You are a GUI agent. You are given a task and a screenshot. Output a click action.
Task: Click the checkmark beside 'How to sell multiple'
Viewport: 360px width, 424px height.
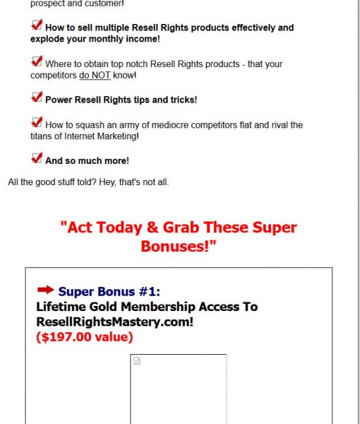[x=37, y=25]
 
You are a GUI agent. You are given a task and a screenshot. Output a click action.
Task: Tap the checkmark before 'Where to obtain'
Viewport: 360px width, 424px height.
[x=37, y=61]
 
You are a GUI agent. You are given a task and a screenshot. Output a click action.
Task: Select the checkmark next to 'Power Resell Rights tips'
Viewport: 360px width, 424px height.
[x=37, y=97]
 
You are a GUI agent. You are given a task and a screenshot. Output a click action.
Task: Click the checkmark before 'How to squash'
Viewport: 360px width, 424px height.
[x=37, y=122]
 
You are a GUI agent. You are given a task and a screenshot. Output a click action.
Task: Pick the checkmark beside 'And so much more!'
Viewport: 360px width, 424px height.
[x=37, y=158]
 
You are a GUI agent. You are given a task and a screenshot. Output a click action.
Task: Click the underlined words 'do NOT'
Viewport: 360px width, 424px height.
[x=95, y=75]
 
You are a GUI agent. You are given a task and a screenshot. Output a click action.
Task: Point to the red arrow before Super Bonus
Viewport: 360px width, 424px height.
[x=46, y=290]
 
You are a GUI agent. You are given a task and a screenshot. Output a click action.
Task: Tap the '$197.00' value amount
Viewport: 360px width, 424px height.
[x=66, y=337]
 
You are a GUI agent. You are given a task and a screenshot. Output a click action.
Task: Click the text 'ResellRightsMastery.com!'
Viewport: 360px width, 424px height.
[x=115, y=322]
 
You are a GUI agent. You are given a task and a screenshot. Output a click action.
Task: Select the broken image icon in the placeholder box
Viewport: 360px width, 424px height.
[x=137, y=360]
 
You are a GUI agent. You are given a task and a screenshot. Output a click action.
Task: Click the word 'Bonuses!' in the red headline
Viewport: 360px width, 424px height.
[x=175, y=247]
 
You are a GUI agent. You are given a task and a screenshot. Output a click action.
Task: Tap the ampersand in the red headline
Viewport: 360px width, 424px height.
[x=152, y=227]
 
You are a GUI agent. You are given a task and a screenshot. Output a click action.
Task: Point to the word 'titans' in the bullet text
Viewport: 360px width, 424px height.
[x=41, y=136]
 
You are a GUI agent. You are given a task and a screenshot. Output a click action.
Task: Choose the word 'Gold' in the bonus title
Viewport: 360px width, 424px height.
[x=103, y=307]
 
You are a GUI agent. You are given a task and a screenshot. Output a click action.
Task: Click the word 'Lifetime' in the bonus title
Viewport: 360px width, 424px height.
[x=61, y=307]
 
